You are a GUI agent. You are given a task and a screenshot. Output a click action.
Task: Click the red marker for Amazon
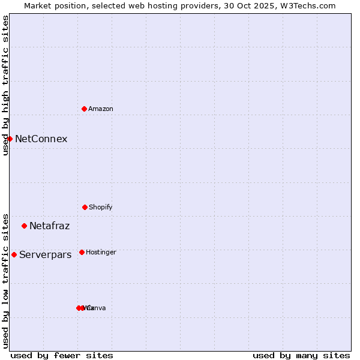(x=84, y=109)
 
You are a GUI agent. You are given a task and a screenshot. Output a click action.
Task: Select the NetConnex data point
(x=10, y=139)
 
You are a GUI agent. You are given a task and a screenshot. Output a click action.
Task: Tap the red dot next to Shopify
(x=85, y=207)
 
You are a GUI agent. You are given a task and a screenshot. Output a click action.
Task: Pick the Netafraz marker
(x=24, y=226)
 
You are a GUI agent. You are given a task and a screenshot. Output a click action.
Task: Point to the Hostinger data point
(x=82, y=252)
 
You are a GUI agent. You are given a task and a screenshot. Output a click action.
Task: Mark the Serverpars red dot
(x=14, y=254)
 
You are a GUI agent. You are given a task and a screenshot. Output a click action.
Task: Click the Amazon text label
(x=100, y=109)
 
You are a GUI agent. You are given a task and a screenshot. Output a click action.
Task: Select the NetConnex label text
(x=41, y=139)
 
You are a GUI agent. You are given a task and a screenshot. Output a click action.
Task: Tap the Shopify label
(x=100, y=207)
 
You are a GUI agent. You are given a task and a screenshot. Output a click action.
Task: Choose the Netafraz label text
(x=49, y=226)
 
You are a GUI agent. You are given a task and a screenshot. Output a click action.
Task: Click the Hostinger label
(x=101, y=252)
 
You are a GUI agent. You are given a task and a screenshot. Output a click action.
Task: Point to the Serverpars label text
(x=45, y=255)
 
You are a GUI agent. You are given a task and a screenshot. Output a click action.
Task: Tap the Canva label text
(x=96, y=308)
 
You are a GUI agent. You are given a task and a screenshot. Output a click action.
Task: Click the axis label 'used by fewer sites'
(x=62, y=355)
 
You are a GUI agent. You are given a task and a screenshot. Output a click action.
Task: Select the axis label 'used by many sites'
(x=301, y=355)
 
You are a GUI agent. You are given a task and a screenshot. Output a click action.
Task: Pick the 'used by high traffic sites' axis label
(x=5, y=85)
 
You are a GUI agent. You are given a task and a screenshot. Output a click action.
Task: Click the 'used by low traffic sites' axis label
(x=5, y=280)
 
